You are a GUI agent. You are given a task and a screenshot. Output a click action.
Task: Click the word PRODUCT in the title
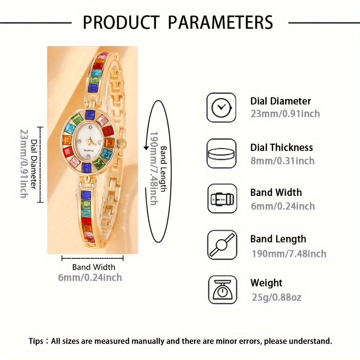121,22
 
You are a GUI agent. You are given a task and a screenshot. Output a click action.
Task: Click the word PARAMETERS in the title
220,22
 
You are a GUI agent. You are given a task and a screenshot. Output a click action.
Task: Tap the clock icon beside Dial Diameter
221,108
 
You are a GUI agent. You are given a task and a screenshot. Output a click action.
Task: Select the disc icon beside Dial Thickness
221,154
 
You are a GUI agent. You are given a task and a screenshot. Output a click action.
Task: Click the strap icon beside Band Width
222,199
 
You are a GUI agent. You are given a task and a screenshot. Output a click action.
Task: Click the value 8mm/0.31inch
282,161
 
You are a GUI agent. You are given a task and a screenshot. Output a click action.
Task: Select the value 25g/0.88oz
276,297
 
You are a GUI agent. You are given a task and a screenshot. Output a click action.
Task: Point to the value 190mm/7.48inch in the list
289,253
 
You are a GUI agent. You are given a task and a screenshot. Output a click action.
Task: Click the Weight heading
266,283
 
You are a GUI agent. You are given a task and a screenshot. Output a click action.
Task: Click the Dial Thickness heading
282,147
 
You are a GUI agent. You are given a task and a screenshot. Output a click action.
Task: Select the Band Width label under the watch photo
94,267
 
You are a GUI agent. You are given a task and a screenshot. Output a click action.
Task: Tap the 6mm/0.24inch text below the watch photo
90,278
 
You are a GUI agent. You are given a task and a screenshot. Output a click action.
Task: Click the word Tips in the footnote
37,341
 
